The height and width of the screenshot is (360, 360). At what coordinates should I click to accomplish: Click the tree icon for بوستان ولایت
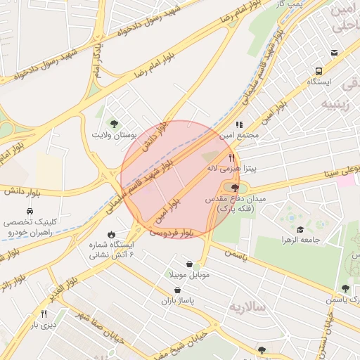point(115,123)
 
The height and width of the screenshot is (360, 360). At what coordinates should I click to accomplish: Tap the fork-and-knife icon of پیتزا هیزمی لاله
point(232,158)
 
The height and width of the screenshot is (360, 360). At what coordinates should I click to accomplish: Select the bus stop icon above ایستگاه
point(319,71)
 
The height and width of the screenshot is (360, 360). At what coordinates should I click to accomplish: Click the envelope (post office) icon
point(334,53)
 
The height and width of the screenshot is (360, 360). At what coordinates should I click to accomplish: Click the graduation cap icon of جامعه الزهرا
point(300,229)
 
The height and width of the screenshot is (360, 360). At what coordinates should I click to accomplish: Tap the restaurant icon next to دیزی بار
point(44,314)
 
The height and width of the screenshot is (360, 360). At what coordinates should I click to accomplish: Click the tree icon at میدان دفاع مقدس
point(234,188)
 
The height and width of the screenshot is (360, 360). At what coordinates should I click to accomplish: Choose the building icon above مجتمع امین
point(239,124)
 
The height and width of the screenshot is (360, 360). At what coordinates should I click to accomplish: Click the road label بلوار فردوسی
point(171,231)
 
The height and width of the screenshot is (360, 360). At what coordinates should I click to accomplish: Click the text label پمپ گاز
point(288,4)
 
